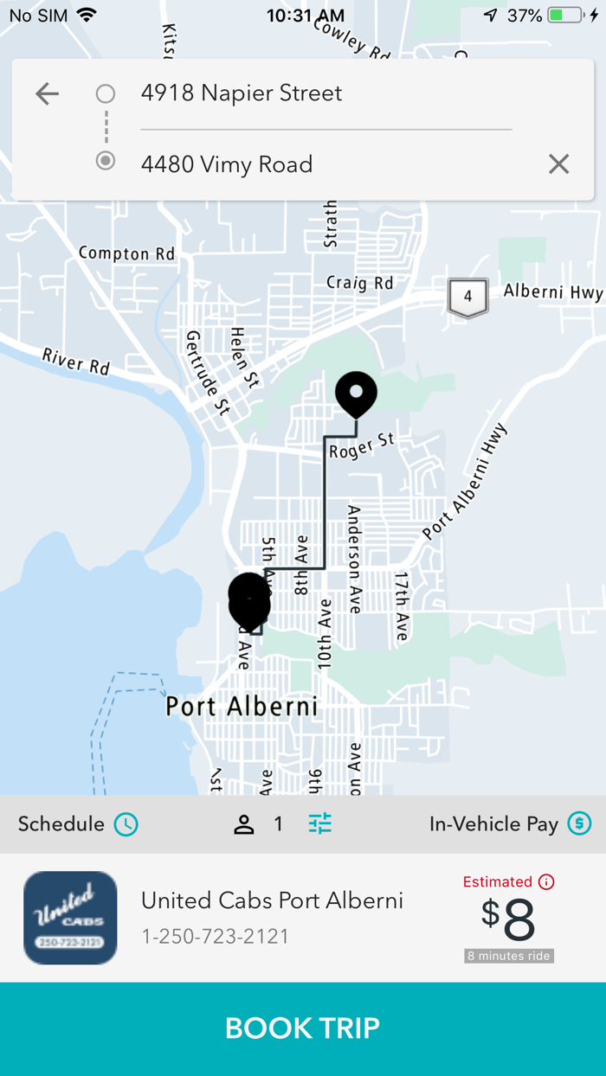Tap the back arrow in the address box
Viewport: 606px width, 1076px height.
pyautogui.click(x=47, y=93)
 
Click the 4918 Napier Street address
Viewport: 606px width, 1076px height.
pyautogui.click(x=242, y=93)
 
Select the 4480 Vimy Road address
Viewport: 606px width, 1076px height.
pyautogui.click(x=227, y=164)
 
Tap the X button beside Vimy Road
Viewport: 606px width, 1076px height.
pyautogui.click(x=558, y=164)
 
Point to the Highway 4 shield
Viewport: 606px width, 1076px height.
pyautogui.click(x=467, y=297)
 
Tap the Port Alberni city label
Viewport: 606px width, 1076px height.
pyautogui.click(x=242, y=707)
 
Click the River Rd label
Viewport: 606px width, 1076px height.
pyautogui.click(x=76, y=362)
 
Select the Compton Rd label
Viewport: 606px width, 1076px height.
pyautogui.click(x=126, y=253)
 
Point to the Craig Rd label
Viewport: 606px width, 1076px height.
pyautogui.click(x=359, y=283)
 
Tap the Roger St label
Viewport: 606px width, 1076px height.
pyautogui.click(x=362, y=446)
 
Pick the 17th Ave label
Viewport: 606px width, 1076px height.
pyautogui.click(x=402, y=605)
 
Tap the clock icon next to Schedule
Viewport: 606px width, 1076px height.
pyautogui.click(x=126, y=824)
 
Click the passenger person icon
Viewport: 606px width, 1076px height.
pyautogui.click(x=244, y=824)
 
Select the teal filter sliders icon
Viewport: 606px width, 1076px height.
pyautogui.click(x=320, y=824)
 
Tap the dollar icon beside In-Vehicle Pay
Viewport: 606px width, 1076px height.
pyautogui.click(x=579, y=824)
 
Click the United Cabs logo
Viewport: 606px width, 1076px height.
pyautogui.click(x=70, y=918)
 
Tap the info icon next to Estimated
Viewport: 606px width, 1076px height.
pyautogui.click(x=546, y=882)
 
